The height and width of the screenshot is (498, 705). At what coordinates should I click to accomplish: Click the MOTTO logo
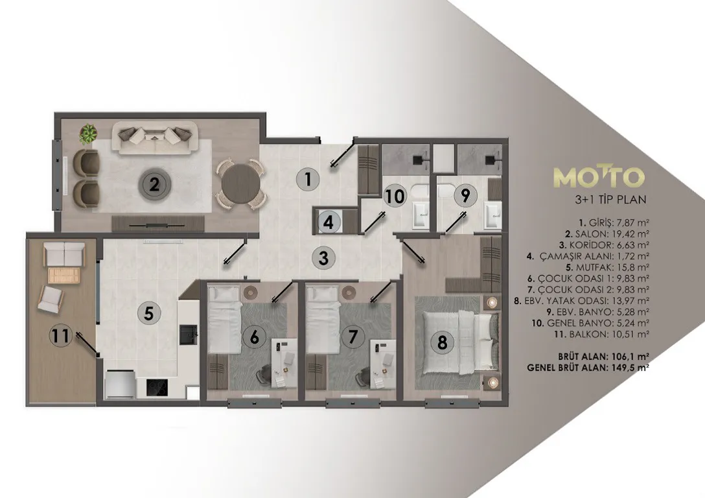point(599,177)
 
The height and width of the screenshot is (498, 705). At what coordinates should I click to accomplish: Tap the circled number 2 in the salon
point(154,184)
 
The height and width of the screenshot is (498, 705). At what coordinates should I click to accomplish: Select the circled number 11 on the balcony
point(61,335)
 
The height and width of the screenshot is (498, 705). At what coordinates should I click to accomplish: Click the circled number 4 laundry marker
point(329,222)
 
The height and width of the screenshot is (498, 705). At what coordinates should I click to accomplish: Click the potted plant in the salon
point(88,134)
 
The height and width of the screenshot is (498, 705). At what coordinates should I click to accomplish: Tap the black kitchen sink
point(189,335)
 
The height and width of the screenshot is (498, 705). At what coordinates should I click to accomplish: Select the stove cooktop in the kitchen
point(157,387)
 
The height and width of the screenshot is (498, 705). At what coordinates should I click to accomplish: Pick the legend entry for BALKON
point(601,334)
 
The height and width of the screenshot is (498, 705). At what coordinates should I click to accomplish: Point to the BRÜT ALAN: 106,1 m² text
point(603,356)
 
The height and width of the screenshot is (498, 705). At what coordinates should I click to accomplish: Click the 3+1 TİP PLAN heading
point(610,199)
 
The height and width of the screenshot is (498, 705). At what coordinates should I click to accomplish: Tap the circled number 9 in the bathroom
point(465,196)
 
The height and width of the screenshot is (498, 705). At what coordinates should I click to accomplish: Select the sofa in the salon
point(155,138)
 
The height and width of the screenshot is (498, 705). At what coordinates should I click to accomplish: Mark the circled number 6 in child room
point(255,337)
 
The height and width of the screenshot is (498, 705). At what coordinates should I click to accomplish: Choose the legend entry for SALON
point(607,234)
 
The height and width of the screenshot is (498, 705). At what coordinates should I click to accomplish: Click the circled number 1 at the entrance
point(308,180)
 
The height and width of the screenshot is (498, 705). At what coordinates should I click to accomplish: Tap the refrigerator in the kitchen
point(120,384)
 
